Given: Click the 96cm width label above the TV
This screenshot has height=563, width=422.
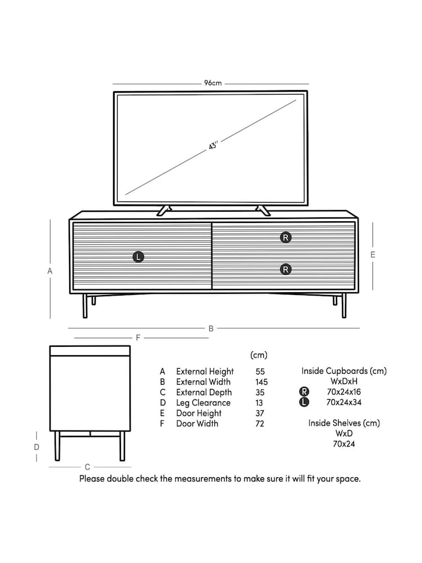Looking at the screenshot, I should click(212, 83).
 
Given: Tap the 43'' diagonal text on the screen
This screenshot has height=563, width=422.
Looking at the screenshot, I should click(213, 145).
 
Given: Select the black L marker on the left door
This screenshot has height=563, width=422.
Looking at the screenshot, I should click(138, 257).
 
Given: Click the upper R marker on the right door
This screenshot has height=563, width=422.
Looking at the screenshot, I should click(286, 238).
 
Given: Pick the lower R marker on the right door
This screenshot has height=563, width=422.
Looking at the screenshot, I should click(286, 270).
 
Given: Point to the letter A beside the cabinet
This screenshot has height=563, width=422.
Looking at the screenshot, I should click(50, 271).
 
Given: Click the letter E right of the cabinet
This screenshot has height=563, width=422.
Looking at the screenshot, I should click(372, 254).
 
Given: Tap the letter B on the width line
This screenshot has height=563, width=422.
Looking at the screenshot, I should click(211, 328).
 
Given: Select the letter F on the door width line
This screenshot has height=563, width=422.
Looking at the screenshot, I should click(138, 338).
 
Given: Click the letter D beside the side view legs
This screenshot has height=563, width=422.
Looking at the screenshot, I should click(36, 447).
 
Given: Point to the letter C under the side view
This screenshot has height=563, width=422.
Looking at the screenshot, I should click(87, 467).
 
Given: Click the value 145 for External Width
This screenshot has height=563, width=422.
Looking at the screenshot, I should click(261, 382).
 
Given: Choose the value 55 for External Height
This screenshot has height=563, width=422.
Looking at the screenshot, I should click(260, 372).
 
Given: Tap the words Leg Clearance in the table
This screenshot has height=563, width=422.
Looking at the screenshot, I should click(203, 403).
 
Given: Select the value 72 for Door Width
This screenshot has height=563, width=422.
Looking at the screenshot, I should click(260, 424).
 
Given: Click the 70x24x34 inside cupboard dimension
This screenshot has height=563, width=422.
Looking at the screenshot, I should click(344, 403).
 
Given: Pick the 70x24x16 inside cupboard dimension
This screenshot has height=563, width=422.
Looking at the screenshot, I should click(344, 392).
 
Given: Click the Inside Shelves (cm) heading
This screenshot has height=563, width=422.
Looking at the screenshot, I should click(344, 423).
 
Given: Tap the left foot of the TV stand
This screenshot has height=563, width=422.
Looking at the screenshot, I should click(163, 211).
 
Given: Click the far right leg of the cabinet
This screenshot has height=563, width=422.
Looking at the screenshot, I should click(344, 305).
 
